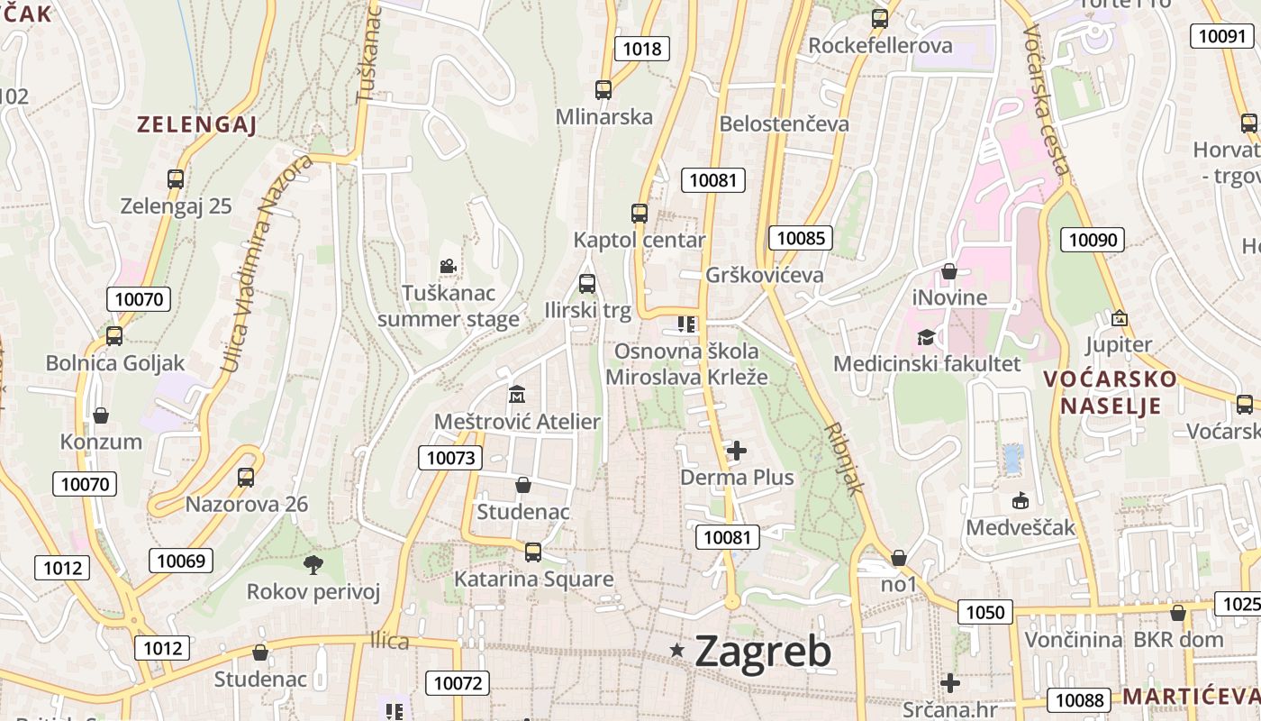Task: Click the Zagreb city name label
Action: (x=763, y=651)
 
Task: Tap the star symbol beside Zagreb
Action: (x=677, y=651)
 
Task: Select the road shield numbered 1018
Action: (x=642, y=49)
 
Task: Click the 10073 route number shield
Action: (x=450, y=458)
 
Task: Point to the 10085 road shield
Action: (x=800, y=238)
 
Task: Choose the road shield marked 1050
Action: (x=984, y=613)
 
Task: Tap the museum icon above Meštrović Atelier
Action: (x=517, y=395)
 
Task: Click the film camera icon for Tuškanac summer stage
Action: (x=448, y=266)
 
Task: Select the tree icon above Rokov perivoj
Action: (x=313, y=565)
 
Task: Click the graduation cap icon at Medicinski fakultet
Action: (x=926, y=337)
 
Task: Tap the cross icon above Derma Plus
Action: (x=737, y=451)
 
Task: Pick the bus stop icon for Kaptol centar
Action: (x=640, y=214)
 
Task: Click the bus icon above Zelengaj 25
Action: (x=176, y=179)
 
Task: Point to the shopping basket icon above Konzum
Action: (x=101, y=415)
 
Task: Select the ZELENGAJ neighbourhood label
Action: (x=197, y=125)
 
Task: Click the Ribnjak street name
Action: (x=844, y=459)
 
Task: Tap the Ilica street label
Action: (x=389, y=642)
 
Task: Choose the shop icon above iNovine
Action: (x=948, y=271)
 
